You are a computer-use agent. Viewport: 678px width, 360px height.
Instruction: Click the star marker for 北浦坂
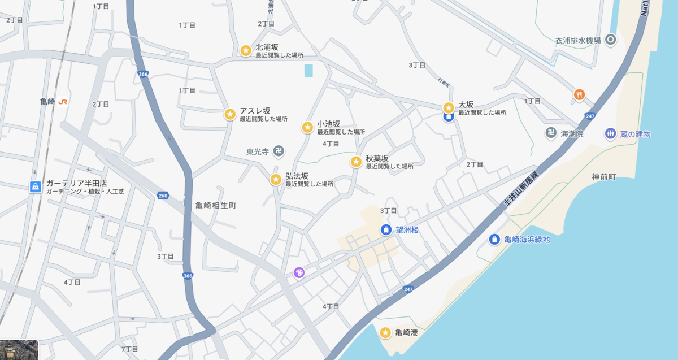246,50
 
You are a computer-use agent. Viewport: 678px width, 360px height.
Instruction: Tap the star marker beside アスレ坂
230,114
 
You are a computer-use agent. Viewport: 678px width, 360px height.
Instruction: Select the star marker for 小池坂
307,127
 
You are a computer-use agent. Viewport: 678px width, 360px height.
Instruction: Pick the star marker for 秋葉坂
356,162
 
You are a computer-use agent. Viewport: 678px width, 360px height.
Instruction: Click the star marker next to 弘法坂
276,180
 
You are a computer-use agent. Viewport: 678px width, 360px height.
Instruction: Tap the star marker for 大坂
448,107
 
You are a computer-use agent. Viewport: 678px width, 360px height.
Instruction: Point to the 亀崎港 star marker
385,332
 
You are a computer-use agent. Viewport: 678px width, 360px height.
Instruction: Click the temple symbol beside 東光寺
278,151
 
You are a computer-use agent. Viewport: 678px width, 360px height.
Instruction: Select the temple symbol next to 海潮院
551,133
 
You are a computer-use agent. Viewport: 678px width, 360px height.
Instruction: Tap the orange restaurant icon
579,94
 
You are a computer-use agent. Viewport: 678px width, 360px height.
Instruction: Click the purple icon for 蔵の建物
610,133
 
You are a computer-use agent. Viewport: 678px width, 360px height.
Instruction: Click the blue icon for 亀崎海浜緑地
494,239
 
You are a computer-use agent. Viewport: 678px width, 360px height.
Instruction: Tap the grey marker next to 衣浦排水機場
610,40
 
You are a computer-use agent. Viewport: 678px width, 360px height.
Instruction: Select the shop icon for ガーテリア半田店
35,186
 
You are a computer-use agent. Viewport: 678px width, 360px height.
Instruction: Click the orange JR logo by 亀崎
63,102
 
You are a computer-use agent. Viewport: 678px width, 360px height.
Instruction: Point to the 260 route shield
163,196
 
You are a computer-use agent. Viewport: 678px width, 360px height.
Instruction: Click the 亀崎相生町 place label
216,206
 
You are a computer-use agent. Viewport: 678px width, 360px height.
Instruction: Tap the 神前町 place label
603,177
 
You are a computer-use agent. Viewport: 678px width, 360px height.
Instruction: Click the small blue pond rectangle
308,71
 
